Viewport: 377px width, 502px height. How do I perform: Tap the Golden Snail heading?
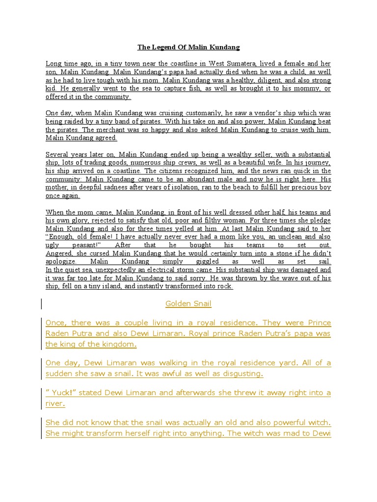(x=188, y=303)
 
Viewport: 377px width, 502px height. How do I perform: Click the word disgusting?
(x=240, y=374)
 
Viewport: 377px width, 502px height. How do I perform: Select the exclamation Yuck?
(x=61, y=393)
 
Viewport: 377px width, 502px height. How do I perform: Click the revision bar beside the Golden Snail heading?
(x=42, y=304)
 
